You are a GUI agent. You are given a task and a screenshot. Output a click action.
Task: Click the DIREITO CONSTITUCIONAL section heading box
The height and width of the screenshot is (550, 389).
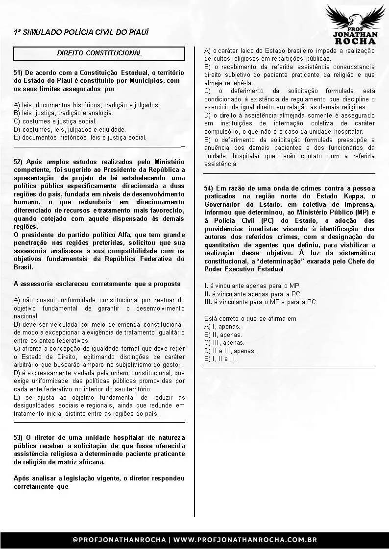click(x=99, y=53)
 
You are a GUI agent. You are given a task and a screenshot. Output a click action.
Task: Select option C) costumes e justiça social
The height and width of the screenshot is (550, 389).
click(x=55, y=121)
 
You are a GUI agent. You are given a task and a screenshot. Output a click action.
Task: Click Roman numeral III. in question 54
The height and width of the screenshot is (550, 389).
click(x=208, y=302)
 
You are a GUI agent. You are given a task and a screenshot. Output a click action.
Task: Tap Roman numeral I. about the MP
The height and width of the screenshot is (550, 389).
click(x=206, y=286)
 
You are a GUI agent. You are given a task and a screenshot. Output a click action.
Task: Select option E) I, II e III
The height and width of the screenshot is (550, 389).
click(x=220, y=359)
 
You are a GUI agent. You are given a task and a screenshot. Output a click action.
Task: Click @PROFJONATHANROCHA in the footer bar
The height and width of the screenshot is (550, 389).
click(x=119, y=540)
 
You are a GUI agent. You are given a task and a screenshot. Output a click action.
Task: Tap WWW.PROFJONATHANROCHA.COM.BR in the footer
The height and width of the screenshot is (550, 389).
click(x=245, y=540)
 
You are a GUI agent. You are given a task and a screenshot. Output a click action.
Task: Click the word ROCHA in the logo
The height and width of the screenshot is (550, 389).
click(x=355, y=40)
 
